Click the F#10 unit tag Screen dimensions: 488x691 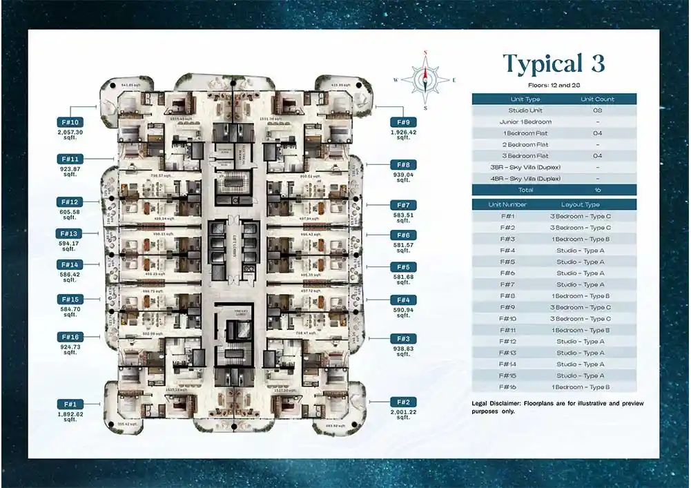pyautogui.click(x=71, y=122)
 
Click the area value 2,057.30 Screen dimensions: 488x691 pyautogui.click(x=70, y=132)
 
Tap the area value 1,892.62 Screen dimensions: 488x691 pyautogui.click(x=70, y=414)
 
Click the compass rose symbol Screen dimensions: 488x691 pyautogui.click(x=425, y=79)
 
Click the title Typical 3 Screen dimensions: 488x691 pyautogui.click(x=554, y=64)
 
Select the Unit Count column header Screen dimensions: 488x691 pyautogui.click(x=598, y=99)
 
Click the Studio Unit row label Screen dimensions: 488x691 pyautogui.click(x=525, y=110)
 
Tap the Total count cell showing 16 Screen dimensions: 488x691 pyautogui.click(x=598, y=190)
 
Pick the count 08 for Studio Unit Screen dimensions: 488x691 pyautogui.click(x=598, y=110)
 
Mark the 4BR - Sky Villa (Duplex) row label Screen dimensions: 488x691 pyautogui.click(x=525, y=179)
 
